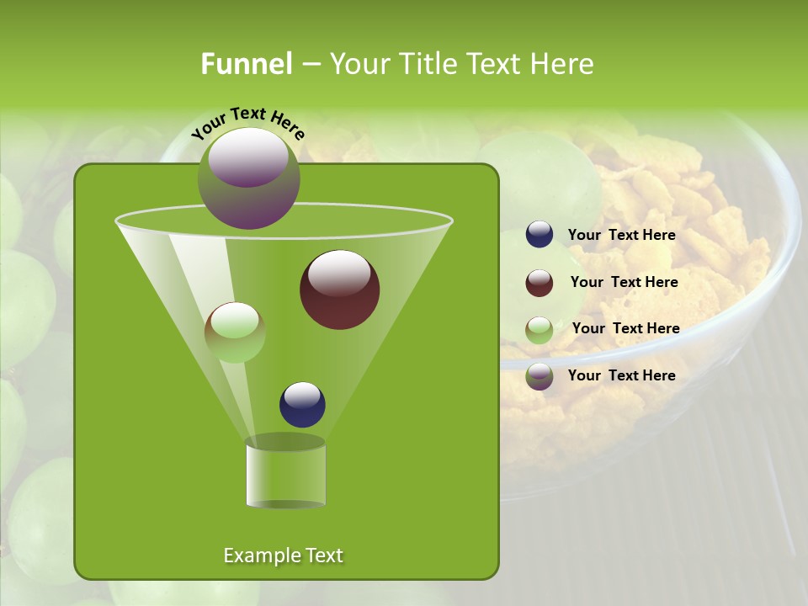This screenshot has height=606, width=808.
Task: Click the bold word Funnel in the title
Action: (x=246, y=64)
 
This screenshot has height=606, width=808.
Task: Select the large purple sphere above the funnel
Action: (x=248, y=178)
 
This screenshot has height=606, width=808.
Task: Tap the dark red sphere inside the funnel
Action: (x=339, y=290)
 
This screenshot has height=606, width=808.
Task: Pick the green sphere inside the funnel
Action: (x=235, y=332)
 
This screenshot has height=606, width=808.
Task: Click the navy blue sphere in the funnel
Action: (x=302, y=404)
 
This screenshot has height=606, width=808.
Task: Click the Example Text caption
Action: (x=283, y=555)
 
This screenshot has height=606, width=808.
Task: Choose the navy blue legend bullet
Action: (x=540, y=235)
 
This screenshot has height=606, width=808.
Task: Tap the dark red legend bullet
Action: (x=540, y=282)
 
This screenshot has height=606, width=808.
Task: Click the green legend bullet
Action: (x=540, y=329)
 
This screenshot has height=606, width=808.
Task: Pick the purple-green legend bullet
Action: (x=540, y=376)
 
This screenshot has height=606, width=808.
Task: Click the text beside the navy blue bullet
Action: (x=621, y=235)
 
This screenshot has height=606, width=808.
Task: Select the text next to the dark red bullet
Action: (x=624, y=282)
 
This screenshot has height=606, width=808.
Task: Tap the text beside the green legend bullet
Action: (x=625, y=328)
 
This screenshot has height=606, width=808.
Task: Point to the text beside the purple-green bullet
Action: (x=621, y=375)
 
